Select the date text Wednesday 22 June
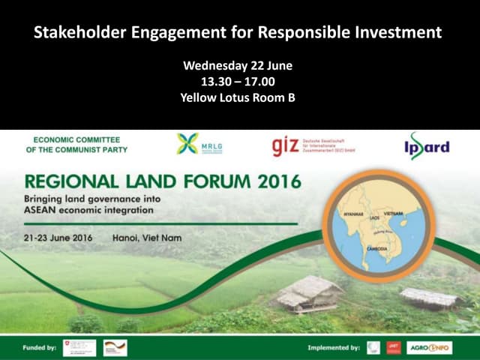point(237,66)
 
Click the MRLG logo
point(199,144)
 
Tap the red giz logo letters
point(286,146)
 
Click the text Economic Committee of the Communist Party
point(80,144)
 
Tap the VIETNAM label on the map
point(393,214)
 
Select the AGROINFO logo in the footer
point(429,347)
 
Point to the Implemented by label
point(332,347)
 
